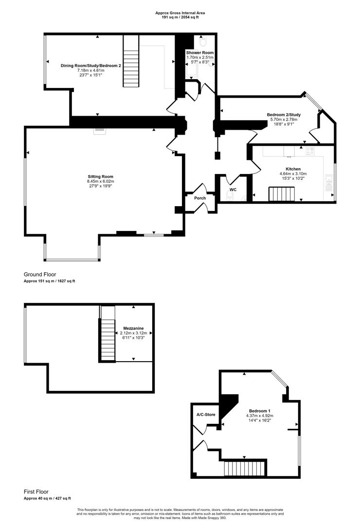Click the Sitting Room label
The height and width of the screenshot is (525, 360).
[x=101, y=176]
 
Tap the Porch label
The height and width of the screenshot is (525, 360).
[x=200, y=198]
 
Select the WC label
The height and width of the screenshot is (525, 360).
[x=233, y=190]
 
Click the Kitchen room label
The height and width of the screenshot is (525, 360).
[x=293, y=169]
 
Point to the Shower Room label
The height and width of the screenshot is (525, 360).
[x=200, y=52]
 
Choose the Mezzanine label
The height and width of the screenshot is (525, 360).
[x=133, y=329]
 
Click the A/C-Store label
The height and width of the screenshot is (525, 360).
[x=206, y=415]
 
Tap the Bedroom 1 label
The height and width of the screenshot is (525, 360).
[x=260, y=411]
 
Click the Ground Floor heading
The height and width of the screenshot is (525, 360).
[x=40, y=275]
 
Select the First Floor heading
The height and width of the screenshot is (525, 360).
[x=36, y=492]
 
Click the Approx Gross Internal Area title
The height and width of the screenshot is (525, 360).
[x=180, y=13]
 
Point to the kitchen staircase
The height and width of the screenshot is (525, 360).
[x=282, y=194]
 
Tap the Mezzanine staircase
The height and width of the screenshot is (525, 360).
[x=107, y=340]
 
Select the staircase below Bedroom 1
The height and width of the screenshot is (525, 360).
[x=244, y=469]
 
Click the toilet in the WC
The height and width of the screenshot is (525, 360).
[x=230, y=197]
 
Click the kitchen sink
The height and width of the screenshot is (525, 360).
[x=329, y=181]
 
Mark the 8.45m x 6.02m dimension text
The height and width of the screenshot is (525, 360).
[x=101, y=181]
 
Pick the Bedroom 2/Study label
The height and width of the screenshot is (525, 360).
[x=284, y=115]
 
